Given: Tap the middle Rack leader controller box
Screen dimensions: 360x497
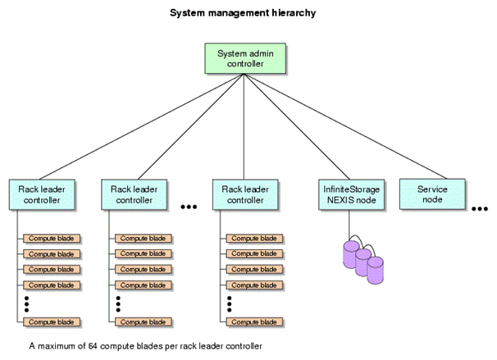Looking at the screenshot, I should pos(134,194).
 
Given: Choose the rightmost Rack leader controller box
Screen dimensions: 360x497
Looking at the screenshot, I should pos(245,194).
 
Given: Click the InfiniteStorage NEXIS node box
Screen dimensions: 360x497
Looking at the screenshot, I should pos(352,194).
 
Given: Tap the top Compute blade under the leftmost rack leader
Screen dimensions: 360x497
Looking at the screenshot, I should pos(52,238).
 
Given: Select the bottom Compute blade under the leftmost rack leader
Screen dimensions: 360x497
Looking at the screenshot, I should pos(52,321).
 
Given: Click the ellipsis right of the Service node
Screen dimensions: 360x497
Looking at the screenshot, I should pos(480,208).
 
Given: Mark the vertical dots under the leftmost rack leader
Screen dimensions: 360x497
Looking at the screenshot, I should pos(27,303).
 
